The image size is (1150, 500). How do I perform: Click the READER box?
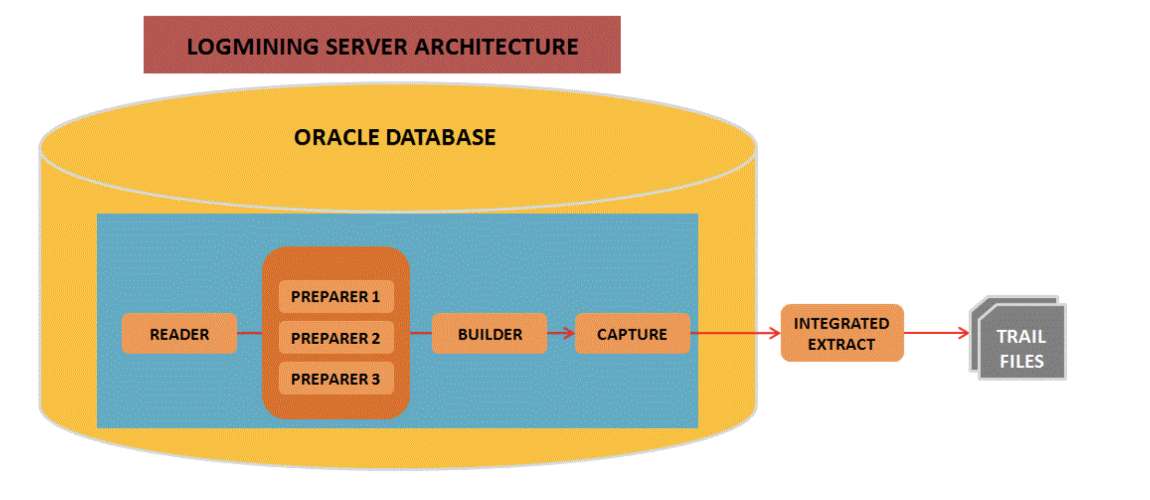(179, 334)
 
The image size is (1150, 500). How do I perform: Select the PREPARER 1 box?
(336, 296)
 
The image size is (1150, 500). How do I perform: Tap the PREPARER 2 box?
(336, 338)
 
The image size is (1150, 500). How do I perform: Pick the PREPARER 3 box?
(336, 378)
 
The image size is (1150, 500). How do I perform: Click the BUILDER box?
(489, 334)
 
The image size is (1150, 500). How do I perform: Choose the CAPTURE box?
(632, 334)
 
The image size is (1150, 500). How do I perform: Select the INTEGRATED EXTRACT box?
(842, 333)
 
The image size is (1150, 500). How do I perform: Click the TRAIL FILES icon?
(1018, 338)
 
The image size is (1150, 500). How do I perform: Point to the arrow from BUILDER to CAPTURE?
(561, 333)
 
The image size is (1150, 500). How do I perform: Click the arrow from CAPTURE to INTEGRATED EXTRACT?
(736, 333)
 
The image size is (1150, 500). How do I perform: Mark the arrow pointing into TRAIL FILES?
(937, 333)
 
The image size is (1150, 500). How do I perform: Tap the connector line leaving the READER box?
(250, 333)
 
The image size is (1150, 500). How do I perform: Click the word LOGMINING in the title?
(253, 47)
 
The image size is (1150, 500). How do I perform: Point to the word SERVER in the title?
(367, 47)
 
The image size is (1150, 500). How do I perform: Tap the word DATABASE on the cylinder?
(441, 138)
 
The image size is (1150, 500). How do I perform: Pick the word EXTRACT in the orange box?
(841, 344)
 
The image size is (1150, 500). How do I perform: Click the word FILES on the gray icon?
(1022, 361)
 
